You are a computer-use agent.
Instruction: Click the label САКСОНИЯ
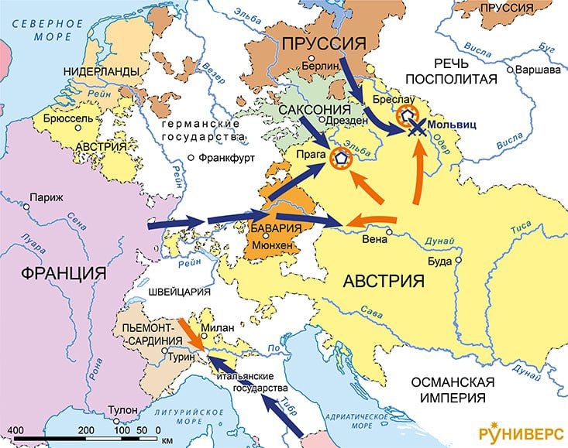pos(313,108)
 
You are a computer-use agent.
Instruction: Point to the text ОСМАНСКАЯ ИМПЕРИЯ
pos(460,391)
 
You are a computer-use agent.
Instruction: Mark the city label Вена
pos(375,239)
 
